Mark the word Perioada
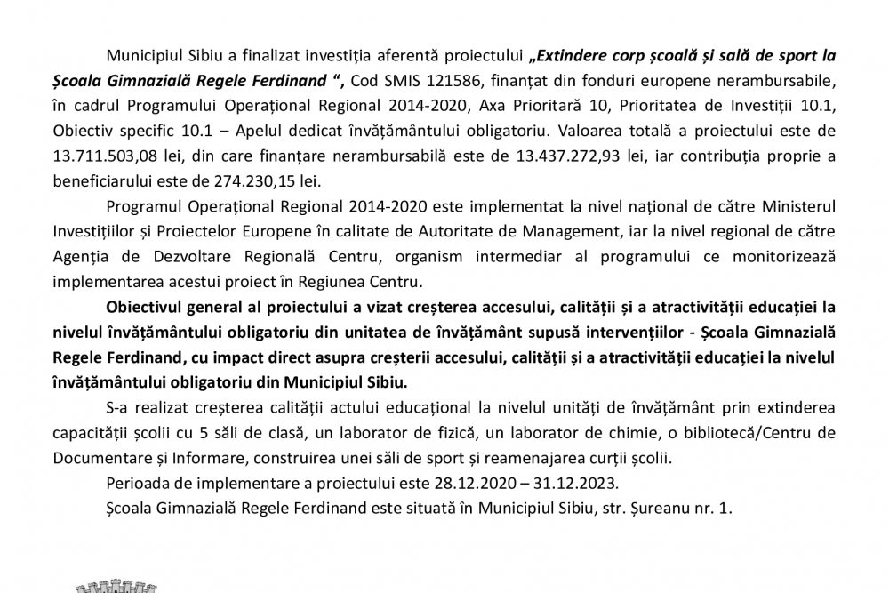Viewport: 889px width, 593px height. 134,485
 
